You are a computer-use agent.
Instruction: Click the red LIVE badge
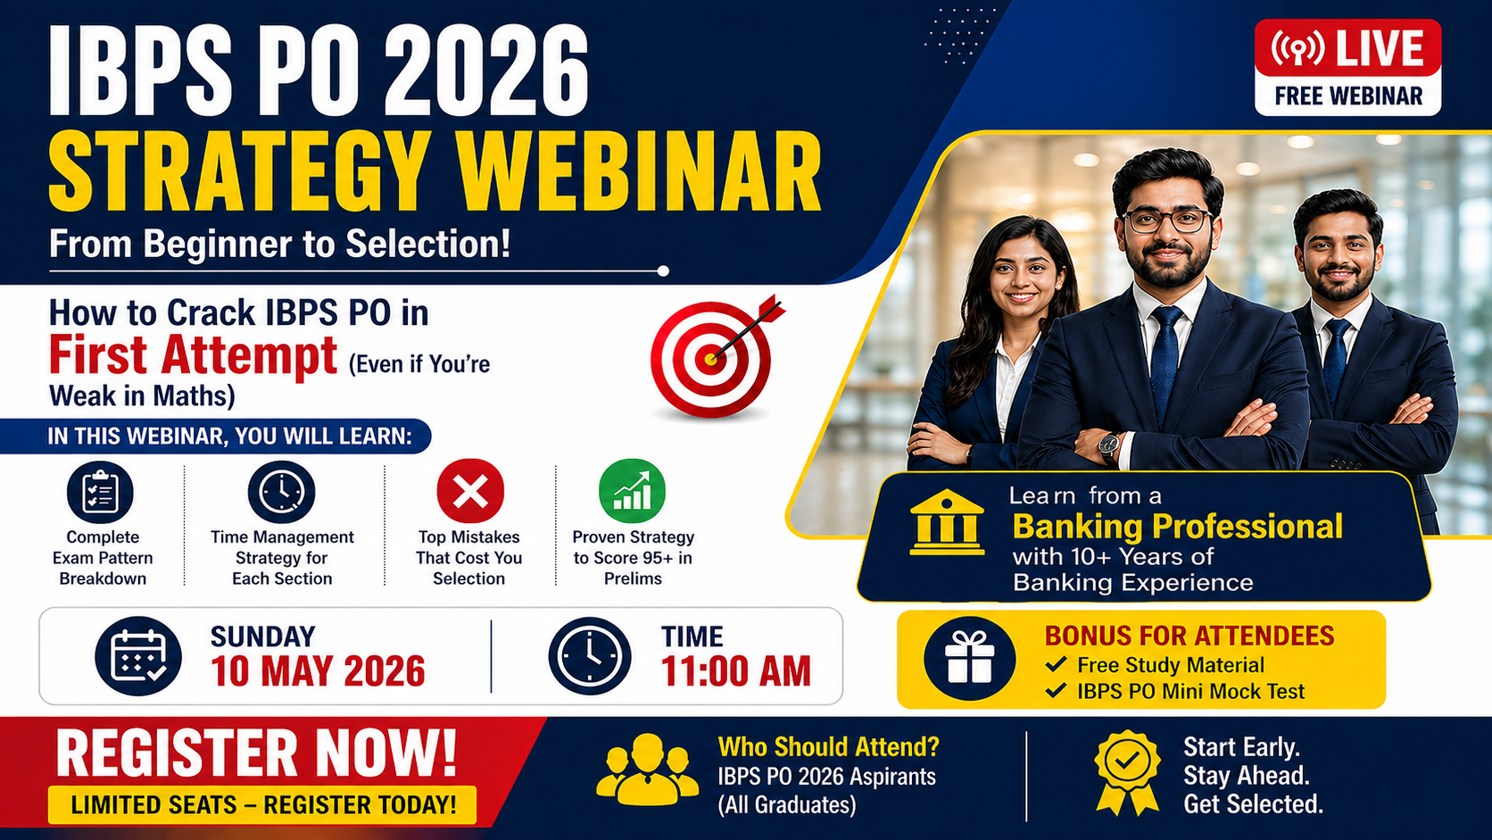click(x=1347, y=48)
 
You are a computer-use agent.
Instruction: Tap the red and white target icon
click(x=712, y=358)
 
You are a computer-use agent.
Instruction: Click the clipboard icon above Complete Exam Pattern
click(x=100, y=492)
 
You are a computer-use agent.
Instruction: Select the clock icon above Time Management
click(x=281, y=492)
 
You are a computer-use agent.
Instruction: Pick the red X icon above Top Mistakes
click(x=470, y=491)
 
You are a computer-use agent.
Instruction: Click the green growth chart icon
click(x=632, y=491)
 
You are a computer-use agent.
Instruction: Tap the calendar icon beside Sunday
click(x=138, y=656)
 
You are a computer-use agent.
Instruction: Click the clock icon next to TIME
click(x=590, y=656)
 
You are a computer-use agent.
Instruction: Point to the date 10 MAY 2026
click(x=318, y=671)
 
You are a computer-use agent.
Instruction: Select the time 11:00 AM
click(x=735, y=671)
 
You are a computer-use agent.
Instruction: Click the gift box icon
click(x=970, y=659)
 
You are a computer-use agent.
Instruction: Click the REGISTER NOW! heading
click(x=256, y=753)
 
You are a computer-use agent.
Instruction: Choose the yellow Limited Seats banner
click(x=262, y=804)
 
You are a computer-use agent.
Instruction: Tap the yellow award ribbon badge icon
click(x=1127, y=771)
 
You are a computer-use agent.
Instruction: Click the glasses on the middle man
click(x=1166, y=220)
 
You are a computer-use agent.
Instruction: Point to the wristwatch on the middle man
click(x=1109, y=444)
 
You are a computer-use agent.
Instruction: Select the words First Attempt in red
click(x=193, y=355)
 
